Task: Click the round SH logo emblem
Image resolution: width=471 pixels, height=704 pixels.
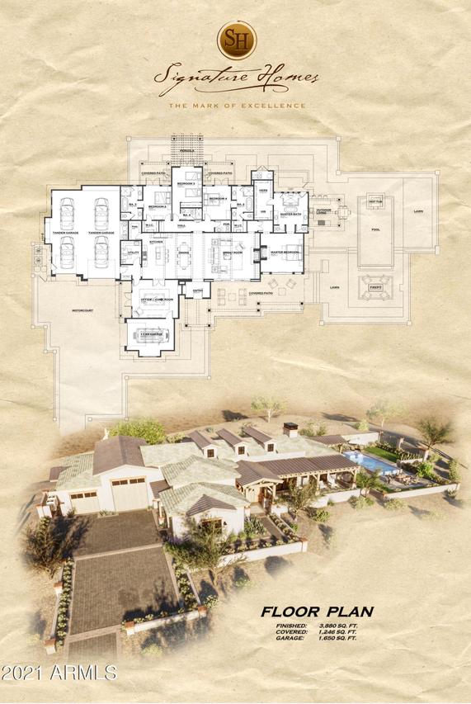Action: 237,40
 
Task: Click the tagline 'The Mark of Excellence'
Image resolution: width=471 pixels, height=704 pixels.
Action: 237,106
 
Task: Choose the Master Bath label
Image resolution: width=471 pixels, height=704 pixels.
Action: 291,215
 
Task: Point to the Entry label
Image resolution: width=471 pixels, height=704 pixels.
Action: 198,291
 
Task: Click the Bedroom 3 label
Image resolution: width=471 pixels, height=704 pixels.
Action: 186,182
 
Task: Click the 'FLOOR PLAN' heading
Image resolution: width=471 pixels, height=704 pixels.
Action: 317,612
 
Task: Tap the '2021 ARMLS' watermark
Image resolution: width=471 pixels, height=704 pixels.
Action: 59,673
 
